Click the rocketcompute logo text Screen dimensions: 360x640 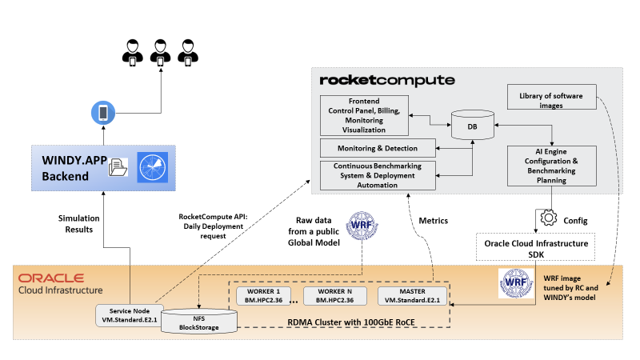click(386, 81)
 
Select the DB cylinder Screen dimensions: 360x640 click(472, 126)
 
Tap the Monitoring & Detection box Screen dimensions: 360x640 click(378, 147)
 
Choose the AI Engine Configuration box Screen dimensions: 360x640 click(553, 166)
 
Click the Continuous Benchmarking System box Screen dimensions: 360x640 click(378, 176)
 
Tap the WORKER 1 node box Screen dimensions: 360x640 click(263, 295)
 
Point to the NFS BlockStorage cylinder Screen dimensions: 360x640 click(199, 322)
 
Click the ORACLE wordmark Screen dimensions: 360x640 click(51, 278)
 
